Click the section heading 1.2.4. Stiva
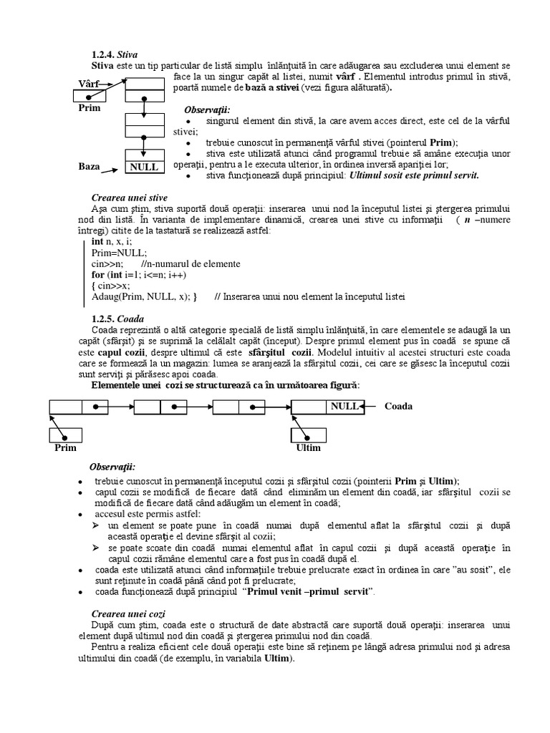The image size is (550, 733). tap(115, 54)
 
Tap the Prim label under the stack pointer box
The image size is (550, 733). tap(90, 110)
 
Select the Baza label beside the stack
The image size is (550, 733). tap(89, 166)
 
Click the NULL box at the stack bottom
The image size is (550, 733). tap(144, 167)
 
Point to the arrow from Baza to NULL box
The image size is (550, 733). tap(112, 169)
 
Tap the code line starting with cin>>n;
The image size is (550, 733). tap(108, 263)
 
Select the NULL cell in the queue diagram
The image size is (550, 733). tap(344, 407)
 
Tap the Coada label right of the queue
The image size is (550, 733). tap(398, 407)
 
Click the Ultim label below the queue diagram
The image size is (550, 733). tap(309, 448)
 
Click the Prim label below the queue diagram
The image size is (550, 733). tap(65, 448)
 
